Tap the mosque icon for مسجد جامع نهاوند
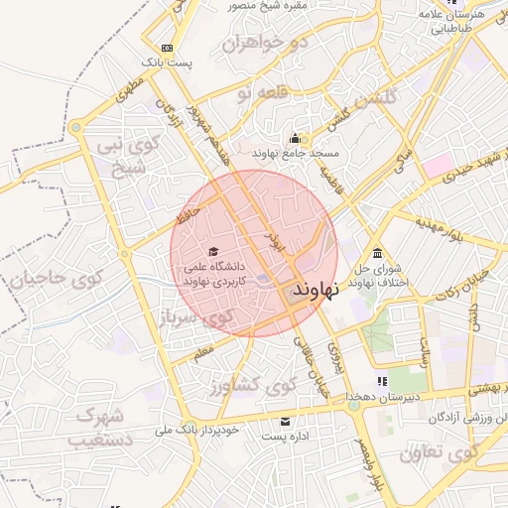coord(295,139)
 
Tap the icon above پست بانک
coord(166,48)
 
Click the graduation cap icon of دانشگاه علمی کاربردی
coord(212,252)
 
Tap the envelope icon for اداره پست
coord(287,423)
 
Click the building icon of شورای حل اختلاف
coord(377,252)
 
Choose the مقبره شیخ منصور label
coord(234,6)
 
